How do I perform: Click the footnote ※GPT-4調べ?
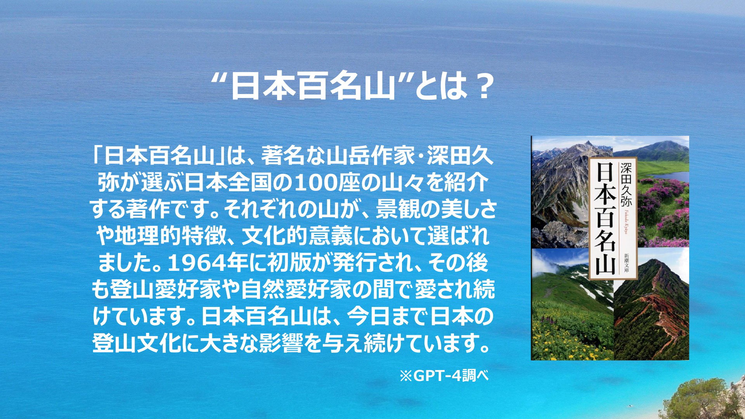tap(444, 376)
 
